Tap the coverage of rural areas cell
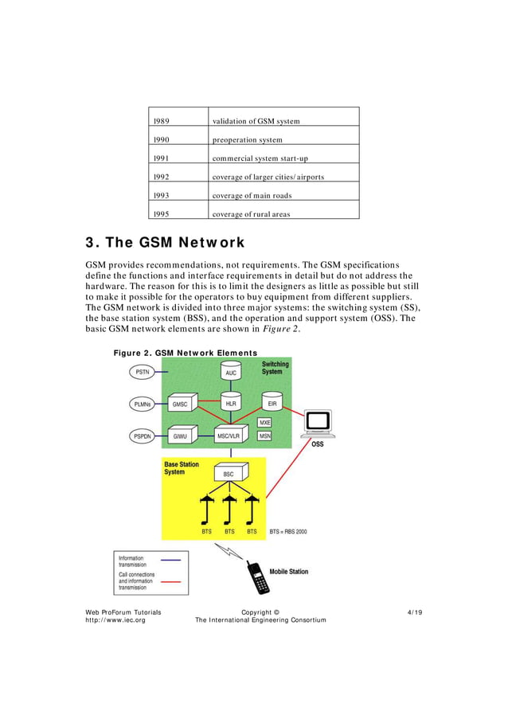coord(251,214)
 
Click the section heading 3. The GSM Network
coord(165,242)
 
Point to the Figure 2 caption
coord(185,353)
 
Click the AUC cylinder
coord(231,371)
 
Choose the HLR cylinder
coord(231,403)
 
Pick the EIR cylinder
coord(272,403)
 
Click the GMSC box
coord(181,404)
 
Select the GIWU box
coord(181,436)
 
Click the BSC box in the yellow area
coord(228,474)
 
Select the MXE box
coord(265,422)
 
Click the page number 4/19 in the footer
coord(414,612)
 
